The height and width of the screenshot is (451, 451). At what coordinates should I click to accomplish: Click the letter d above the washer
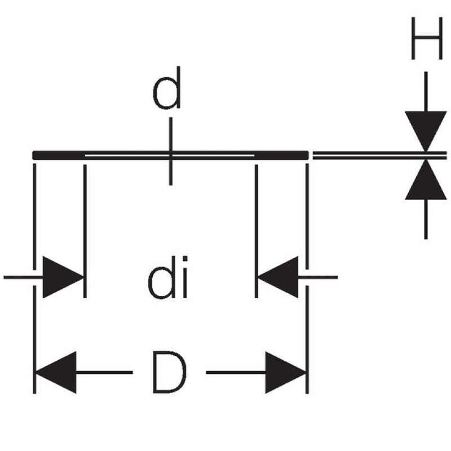click(168, 89)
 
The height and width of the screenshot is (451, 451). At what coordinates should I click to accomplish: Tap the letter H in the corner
click(426, 38)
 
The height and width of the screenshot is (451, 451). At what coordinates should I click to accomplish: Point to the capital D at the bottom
click(169, 373)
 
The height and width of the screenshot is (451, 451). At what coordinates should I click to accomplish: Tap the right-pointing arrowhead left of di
click(62, 277)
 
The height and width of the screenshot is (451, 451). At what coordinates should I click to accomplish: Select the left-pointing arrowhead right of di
click(278, 277)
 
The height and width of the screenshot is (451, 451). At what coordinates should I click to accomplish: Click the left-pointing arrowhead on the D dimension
click(56, 373)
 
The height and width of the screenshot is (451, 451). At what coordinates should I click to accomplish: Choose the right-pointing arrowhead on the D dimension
click(285, 373)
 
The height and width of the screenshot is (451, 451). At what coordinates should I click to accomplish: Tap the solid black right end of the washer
click(282, 155)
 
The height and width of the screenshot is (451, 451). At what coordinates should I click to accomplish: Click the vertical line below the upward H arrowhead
click(426, 220)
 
